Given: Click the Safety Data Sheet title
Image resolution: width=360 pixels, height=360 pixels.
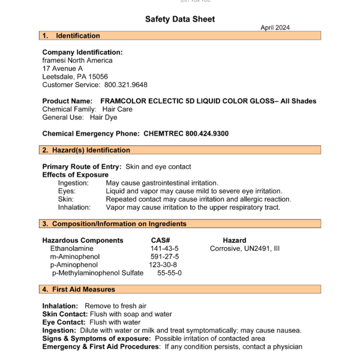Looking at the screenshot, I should click(x=180, y=19).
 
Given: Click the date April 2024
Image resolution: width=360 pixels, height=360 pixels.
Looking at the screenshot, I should click(x=275, y=28).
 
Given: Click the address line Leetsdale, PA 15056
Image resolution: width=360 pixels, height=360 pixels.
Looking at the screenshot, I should click(x=75, y=77).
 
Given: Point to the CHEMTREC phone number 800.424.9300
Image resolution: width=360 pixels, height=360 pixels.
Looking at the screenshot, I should click(x=207, y=133).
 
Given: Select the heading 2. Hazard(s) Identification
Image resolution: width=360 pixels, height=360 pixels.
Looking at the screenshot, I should click(x=86, y=150).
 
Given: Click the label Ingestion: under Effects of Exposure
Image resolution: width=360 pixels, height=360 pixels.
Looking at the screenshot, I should click(x=73, y=182).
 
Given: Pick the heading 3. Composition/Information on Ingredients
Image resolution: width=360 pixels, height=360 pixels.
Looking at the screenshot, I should click(x=114, y=224).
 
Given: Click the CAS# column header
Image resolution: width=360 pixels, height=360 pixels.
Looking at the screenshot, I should click(x=160, y=240).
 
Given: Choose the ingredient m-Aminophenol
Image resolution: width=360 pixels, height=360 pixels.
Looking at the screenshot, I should click(x=74, y=257).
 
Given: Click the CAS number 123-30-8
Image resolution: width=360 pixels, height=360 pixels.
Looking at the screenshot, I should click(x=163, y=265).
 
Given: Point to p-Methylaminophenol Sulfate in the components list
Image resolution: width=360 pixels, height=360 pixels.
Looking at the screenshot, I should click(x=98, y=273).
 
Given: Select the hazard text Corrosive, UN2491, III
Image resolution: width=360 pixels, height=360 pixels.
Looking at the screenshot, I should click(x=245, y=248).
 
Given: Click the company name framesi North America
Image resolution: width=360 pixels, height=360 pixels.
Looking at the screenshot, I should click(x=77, y=61).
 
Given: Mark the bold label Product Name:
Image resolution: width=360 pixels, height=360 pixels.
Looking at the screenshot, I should click(x=67, y=101).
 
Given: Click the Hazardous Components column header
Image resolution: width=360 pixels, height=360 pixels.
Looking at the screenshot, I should click(x=83, y=240).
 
